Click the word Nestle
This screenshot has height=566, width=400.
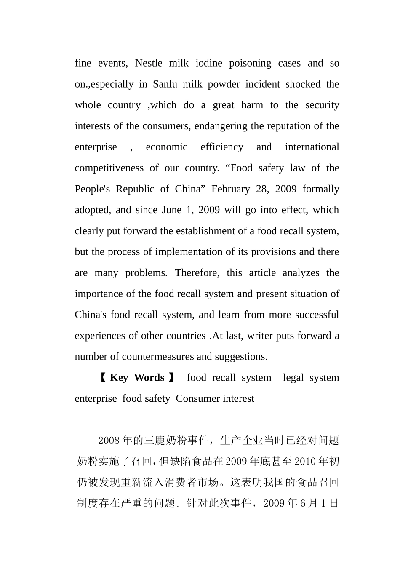pos(148,63)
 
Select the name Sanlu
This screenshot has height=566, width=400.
pos(165,84)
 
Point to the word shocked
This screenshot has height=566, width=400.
pos(303,84)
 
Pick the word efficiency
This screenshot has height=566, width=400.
pos(222,147)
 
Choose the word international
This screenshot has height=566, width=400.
pos(312,147)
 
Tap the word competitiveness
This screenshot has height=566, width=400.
pos(109,168)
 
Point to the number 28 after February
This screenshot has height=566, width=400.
pos(262,189)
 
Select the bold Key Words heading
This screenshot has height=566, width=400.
pos(137,378)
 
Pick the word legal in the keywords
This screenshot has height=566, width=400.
pos(293,378)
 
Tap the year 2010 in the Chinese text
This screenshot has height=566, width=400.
pos(305,462)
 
